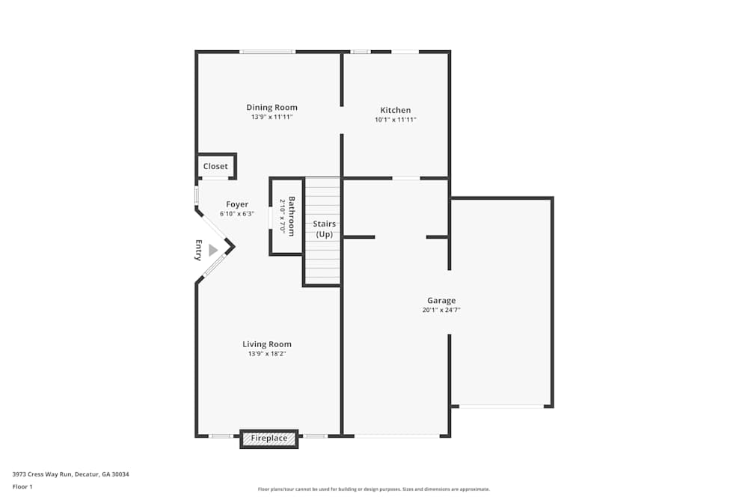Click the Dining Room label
click(x=272, y=108)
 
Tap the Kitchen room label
click(x=395, y=110)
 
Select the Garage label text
click(x=441, y=301)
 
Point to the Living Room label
click(x=267, y=344)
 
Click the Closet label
click(x=215, y=166)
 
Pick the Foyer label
click(x=237, y=204)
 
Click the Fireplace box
click(x=269, y=438)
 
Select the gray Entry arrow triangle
click(x=213, y=250)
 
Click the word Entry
click(x=199, y=250)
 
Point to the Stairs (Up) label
click(x=324, y=229)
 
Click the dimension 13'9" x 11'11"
click(x=272, y=117)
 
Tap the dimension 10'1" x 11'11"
click(x=395, y=120)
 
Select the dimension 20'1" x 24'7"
click(x=441, y=310)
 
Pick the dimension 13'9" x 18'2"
click(x=267, y=354)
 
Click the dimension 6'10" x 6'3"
click(x=237, y=214)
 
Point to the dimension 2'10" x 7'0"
click(x=283, y=215)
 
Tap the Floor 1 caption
click(x=22, y=486)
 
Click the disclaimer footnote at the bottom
click(x=374, y=489)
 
